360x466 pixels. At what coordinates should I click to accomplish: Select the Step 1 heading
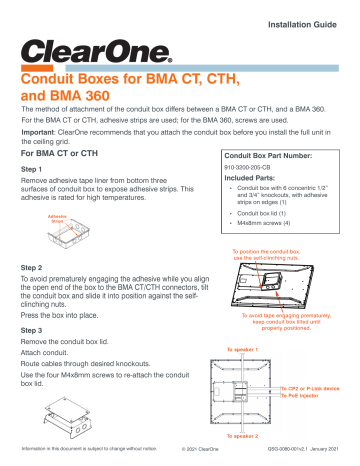coord(38,171)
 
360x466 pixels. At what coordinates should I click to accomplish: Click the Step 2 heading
coord(38,268)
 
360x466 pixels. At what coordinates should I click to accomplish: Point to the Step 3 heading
coord(38,329)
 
